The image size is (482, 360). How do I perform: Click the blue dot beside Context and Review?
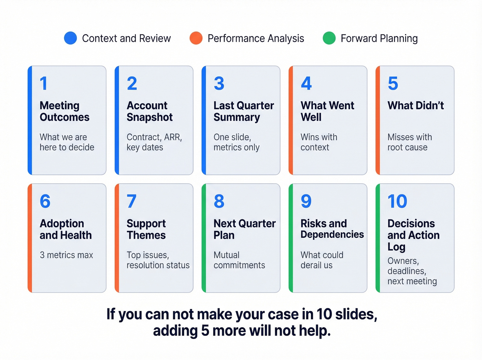click(71, 38)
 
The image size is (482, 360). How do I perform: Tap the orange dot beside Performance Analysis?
click(196, 38)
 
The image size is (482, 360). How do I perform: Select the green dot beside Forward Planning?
click(329, 38)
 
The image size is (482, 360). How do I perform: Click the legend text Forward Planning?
click(379, 38)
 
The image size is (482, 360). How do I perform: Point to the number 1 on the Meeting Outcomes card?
click(43, 84)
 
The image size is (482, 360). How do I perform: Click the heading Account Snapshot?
click(150, 111)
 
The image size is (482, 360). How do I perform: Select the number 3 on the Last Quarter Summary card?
click(219, 84)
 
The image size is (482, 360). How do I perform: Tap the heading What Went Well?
click(327, 111)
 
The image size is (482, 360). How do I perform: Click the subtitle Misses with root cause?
click(409, 142)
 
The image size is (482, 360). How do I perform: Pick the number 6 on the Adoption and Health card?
click(45, 202)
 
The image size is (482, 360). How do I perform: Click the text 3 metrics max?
click(66, 255)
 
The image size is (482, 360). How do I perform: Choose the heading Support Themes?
click(146, 229)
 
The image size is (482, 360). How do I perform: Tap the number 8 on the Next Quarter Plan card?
click(219, 202)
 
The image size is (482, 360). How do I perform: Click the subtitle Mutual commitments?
click(239, 260)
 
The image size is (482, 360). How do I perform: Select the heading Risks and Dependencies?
click(332, 229)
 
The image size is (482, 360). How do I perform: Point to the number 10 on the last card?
click(397, 202)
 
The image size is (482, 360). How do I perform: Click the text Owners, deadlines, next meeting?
click(412, 271)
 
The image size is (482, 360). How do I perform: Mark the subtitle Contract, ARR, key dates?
click(154, 142)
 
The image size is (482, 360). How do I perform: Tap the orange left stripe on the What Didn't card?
click(378, 120)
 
